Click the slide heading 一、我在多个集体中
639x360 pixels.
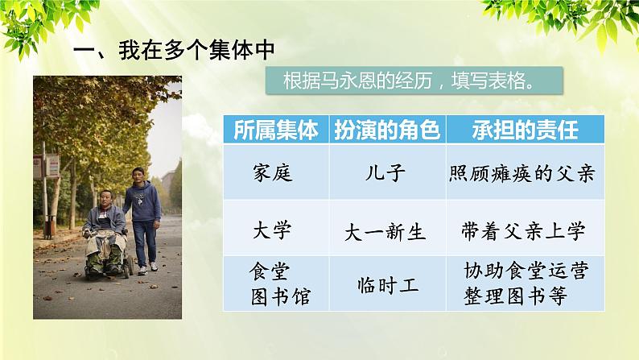[x=174, y=49]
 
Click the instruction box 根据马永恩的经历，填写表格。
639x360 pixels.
[x=411, y=82]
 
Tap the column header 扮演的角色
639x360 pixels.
[x=385, y=130]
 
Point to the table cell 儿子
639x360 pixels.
[x=385, y=172]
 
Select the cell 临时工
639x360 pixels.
[x=385, y=283]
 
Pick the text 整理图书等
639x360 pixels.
[x=515, y=296]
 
